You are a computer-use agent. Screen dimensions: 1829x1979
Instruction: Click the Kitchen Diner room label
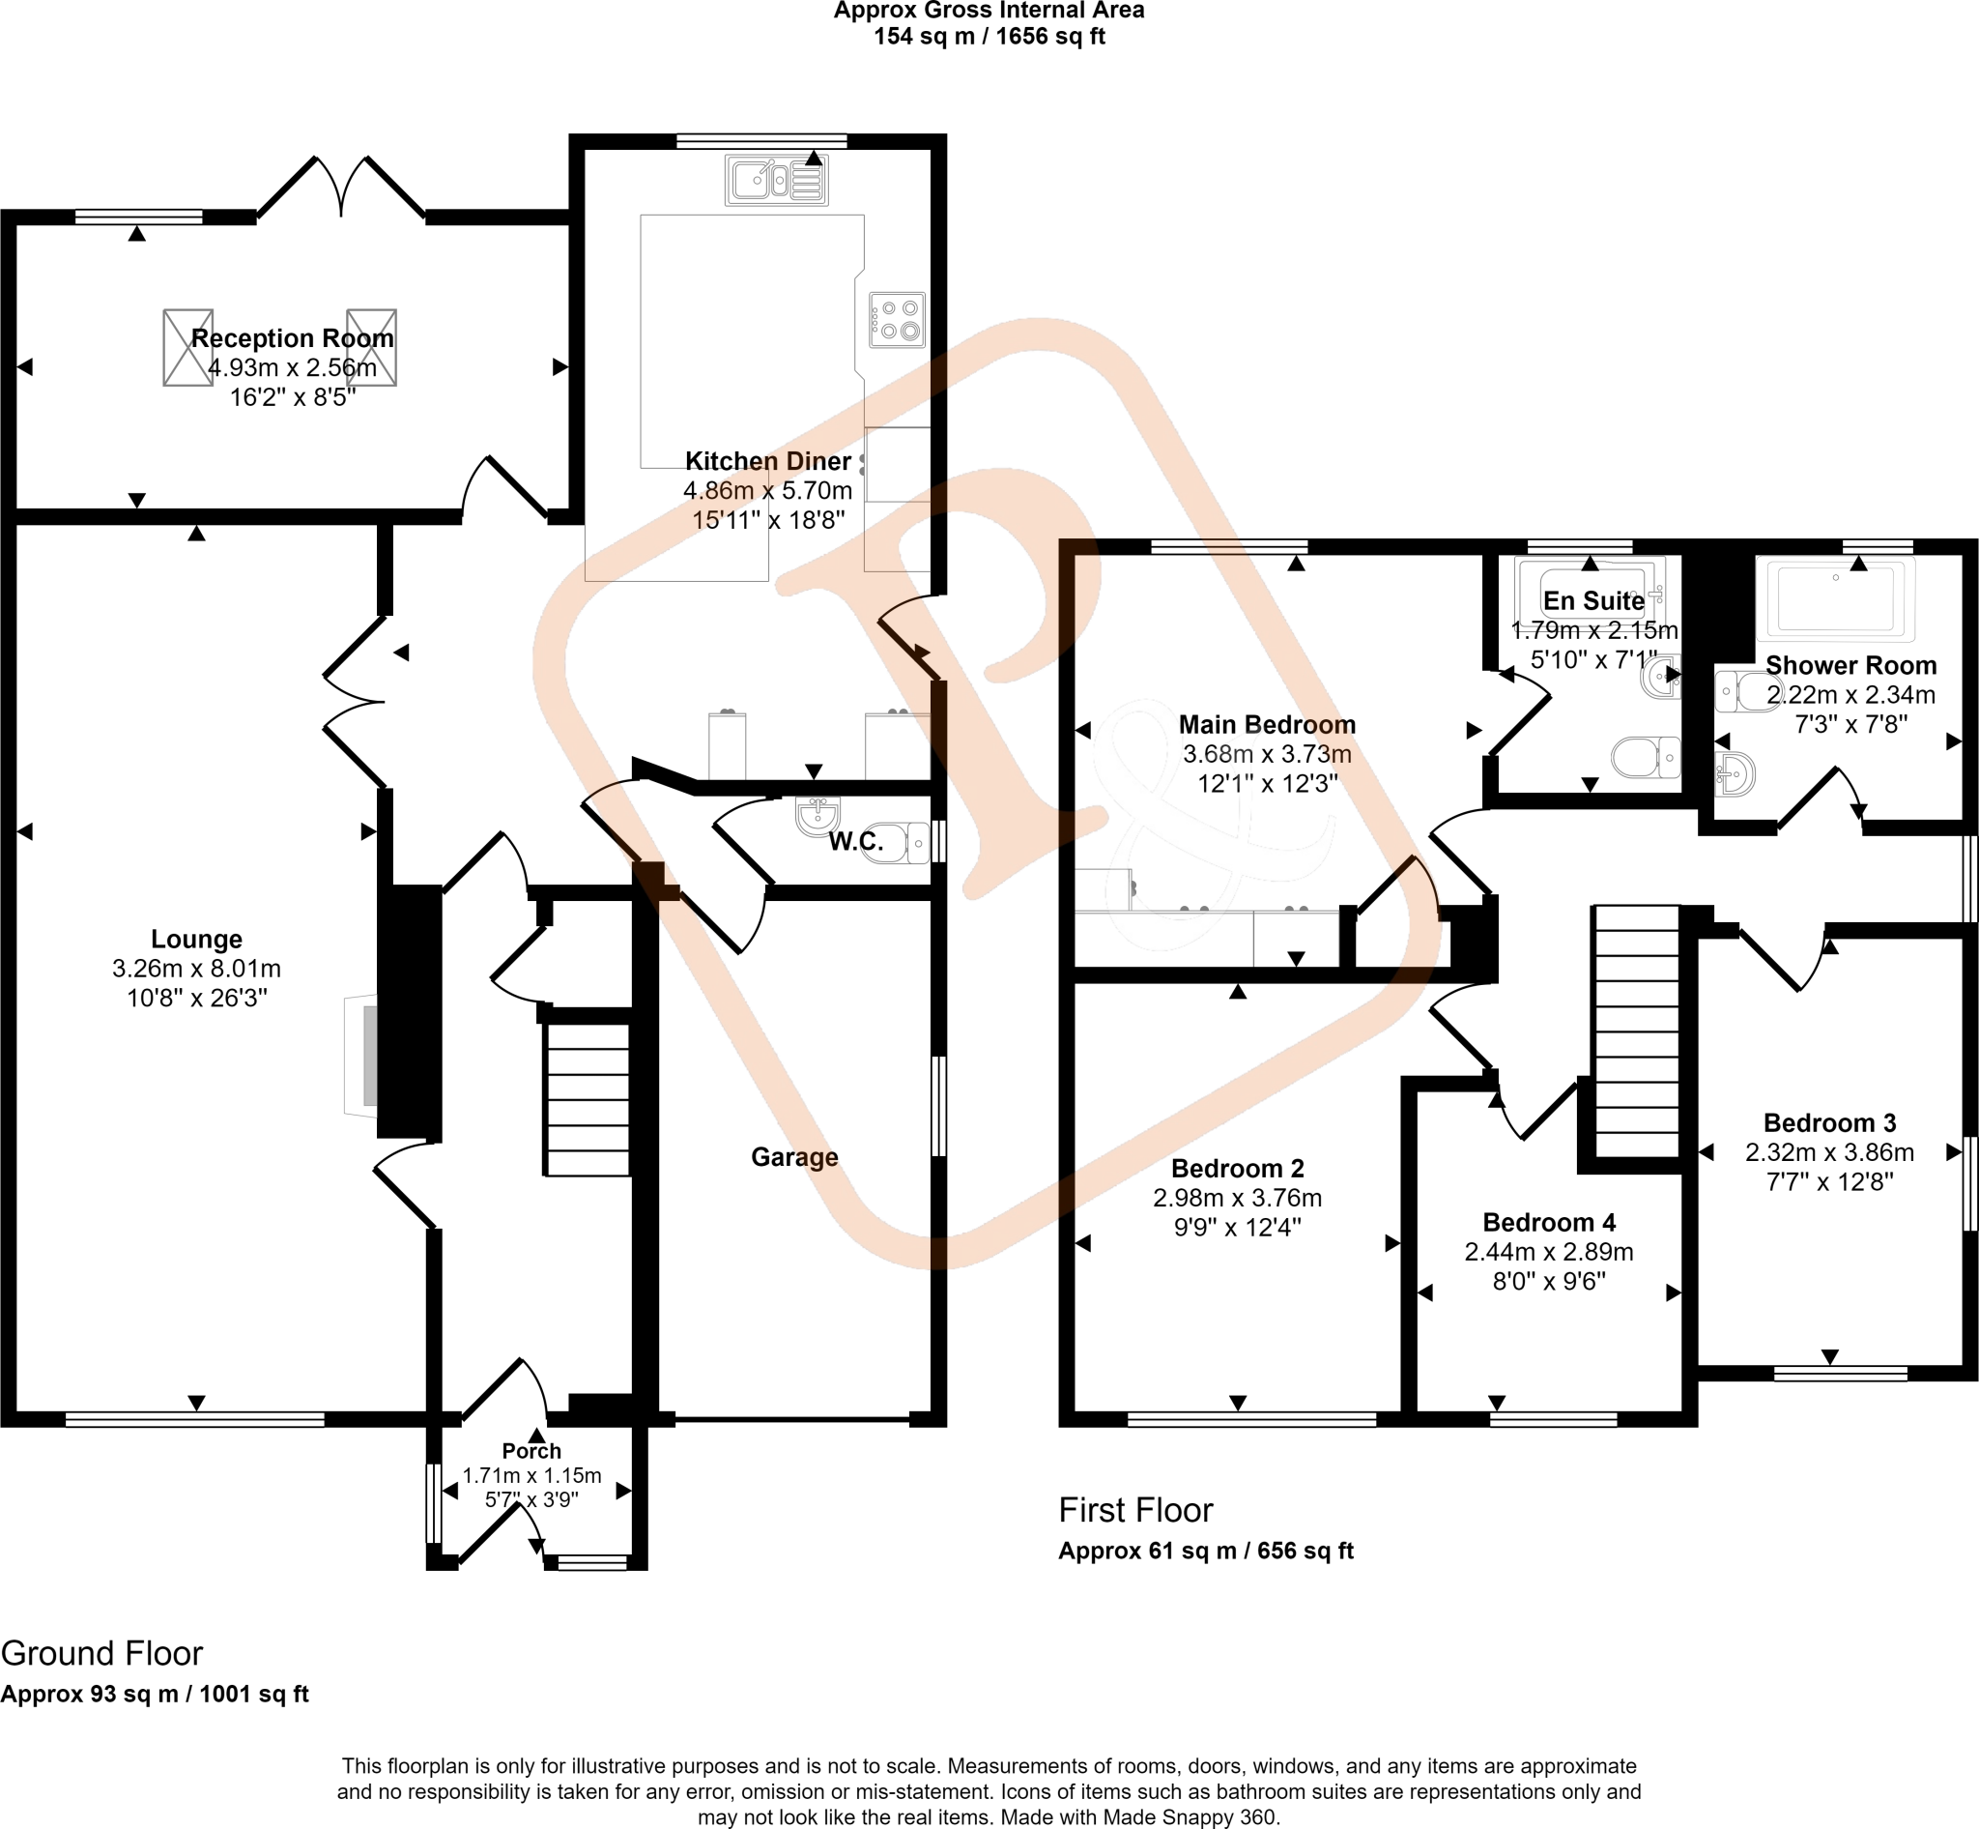768,461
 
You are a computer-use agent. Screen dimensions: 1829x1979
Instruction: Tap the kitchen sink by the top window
777,181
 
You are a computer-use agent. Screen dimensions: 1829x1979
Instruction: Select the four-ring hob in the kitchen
898,320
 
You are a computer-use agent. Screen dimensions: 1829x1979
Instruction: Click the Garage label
794,1157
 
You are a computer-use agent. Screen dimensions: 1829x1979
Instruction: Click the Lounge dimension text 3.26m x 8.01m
196,968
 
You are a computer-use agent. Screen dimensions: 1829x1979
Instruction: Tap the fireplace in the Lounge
361,1055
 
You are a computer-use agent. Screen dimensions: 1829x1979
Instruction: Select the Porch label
531,1451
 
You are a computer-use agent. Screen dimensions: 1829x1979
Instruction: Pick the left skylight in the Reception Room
187,347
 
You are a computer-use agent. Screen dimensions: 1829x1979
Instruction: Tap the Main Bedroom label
1267,724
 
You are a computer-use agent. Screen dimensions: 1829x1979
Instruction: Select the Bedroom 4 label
1549,1222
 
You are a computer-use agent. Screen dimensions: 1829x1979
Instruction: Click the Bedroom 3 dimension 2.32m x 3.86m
1828,1152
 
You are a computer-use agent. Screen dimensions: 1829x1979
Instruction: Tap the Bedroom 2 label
1237,1169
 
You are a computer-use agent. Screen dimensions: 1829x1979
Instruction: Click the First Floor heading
1135,1510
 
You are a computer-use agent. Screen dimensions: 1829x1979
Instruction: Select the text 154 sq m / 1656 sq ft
989,37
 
